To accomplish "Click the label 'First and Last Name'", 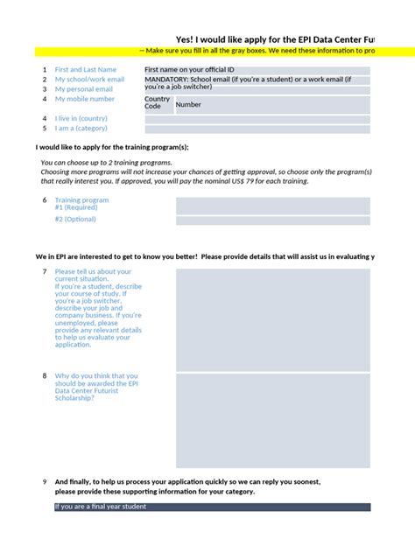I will pyautogui.click(x=85, y=69).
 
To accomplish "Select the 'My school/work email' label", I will pyautogui.click(x=89, y=80).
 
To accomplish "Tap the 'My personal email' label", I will pyautogui.click(x=83, y=89).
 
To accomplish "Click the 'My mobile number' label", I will pyautogui.click(x=85, y=99).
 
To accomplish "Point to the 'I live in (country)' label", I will pyautogui.click(x=81, y=118).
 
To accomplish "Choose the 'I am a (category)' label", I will pyautogui.click(x=81, y=129).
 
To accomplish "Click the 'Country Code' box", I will pyautogui.click(x=158, y=104).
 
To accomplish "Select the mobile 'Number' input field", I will pyautogui.click(x=271, y=105).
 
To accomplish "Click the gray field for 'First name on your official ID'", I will pyautogui.click(x=257, y=70).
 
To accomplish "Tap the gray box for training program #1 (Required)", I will pyautogui.click(x=272, y=206).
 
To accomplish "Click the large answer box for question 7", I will pyautogui.click(x=272, y=318).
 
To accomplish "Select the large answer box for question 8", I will pyautogui.click(x=272, y=420).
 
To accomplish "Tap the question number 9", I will pyautogui.click(x=45, y=482).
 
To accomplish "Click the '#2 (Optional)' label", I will pyautogui.click(x=75, y=220).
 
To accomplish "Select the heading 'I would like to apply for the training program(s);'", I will pyautogui.click(x=111, y=147).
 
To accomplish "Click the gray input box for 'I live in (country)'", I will pyautogui.click(x=257, y=118).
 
